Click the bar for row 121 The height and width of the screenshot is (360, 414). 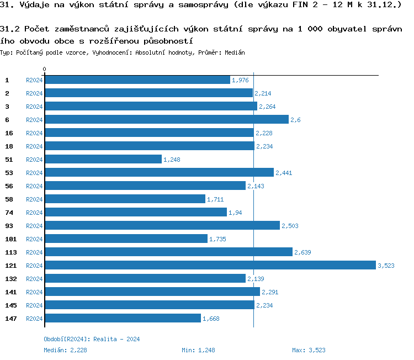point(210,266)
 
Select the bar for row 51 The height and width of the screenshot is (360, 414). point(103,160)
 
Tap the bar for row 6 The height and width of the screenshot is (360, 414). point(166,120)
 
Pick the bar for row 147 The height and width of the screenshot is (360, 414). point(123,319)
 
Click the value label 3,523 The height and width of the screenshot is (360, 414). point(386,266)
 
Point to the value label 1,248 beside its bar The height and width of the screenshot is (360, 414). point(172,160)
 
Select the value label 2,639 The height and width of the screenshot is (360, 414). point(302,252)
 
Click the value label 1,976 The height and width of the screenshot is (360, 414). point(240,80)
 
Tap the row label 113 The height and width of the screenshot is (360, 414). point(10,252)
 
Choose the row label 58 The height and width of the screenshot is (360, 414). point(9,199)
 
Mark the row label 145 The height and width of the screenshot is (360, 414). point(10,305)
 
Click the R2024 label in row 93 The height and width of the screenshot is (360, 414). point(34,226)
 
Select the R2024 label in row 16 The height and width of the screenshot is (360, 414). point(34,133)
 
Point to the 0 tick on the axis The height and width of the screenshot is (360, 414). point(44,70)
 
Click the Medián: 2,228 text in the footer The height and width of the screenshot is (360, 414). point(65,350)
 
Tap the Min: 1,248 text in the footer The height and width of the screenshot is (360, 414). point(198,350)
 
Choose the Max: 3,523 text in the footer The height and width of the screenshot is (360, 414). point(309,350)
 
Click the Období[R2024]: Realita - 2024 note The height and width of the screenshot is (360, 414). point(92,339)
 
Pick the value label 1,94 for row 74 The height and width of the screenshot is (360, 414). point(235,213)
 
